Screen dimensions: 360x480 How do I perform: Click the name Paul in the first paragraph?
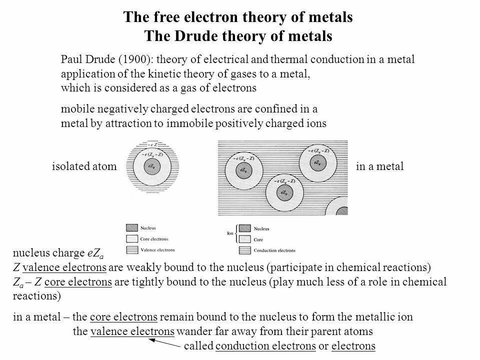pyautogui.click(x=70, y=59)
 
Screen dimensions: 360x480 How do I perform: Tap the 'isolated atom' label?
pyautogui.click(x=84, y=166)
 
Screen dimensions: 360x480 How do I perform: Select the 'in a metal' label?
pyautogui.click(x=379, y=166)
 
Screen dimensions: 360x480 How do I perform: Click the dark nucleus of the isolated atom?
pyautogui.click(x=150, y=166)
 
